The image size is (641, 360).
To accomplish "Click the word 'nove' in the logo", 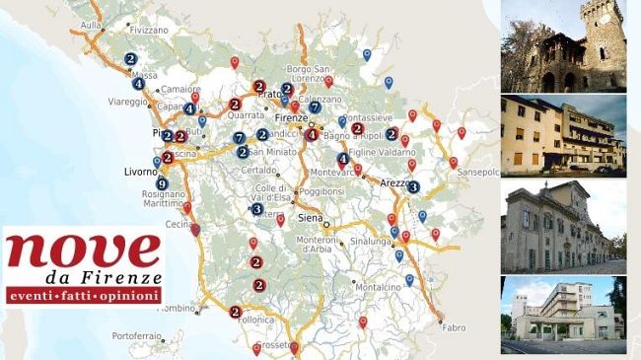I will tap(82, 252).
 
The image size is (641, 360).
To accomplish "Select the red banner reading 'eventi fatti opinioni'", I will tap(82, 296).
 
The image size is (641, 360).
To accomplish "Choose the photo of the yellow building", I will tap(563, 136).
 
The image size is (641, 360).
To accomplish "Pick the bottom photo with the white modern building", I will tap(563, 315).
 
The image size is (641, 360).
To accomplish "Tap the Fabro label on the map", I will tap(454, 326).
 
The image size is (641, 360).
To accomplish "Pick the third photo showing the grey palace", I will tap(563, 226).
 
